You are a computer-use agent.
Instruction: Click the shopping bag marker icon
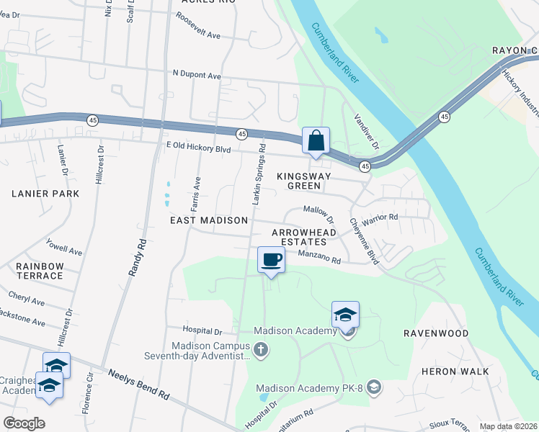(x=316, y=140)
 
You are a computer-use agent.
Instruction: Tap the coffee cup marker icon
(x=271, y=260)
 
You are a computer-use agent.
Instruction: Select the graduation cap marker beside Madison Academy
(x=345, y=315)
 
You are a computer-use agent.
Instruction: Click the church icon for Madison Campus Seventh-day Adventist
(x=261, y=350)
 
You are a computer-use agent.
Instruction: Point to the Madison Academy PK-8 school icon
(x=373, y=388)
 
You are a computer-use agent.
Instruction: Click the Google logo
(x=24, y=423)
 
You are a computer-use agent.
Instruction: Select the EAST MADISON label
(x=209, y=220)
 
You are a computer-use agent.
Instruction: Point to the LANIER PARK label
(x=45, y=194)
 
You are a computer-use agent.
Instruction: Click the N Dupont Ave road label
(x=196, y=75)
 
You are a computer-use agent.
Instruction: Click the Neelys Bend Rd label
(x=139, y=384)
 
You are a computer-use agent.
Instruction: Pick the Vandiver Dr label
(x=366, y=130)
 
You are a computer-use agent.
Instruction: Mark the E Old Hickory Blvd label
(x=197, y=146)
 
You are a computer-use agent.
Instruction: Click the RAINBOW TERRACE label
(x=40, y=271)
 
